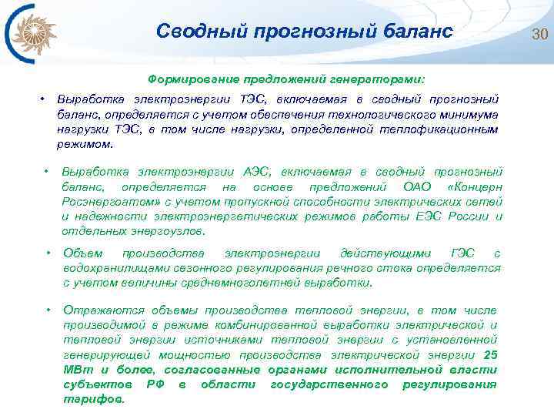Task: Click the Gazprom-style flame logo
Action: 28,34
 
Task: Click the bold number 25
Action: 490,354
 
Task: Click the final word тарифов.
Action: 93,399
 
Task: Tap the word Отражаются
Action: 96,310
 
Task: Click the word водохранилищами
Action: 113,268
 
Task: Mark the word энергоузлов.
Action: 175,231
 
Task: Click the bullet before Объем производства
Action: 48,253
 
